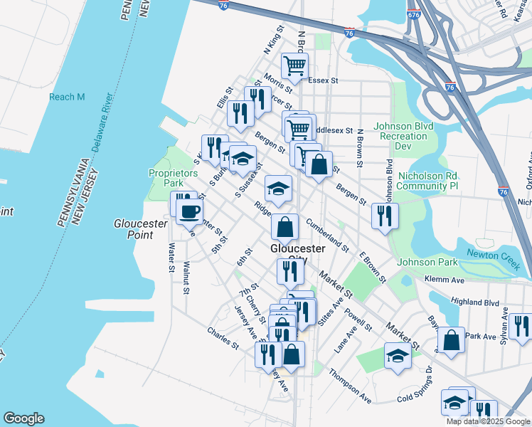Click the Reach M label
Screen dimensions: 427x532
pos(66,97)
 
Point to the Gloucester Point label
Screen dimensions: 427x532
pos(140,228)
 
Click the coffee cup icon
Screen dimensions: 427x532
pos(189,211)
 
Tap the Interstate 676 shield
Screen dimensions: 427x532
pos(413,14)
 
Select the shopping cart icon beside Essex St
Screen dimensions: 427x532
pos(294,67)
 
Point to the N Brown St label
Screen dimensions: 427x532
pos(361,149)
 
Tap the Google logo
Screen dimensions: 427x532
pos(23,418)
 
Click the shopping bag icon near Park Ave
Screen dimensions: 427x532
pos(451,340)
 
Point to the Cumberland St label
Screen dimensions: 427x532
pos(327,236)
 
